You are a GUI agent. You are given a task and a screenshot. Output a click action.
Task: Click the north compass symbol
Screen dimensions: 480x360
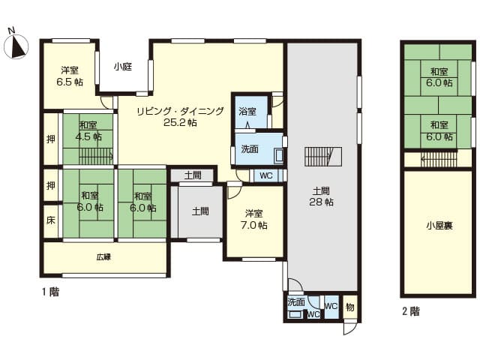click(x=16, y=45)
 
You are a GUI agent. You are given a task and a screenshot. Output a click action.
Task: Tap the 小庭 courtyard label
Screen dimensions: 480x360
click(x=123, y=67)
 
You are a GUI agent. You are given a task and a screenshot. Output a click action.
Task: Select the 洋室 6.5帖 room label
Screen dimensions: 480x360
click(x=70, y=76)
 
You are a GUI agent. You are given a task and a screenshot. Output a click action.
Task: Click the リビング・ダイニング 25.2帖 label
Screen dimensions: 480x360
click(x=180, y=117)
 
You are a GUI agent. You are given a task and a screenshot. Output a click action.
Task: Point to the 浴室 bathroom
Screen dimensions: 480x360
click(x=251, y=112)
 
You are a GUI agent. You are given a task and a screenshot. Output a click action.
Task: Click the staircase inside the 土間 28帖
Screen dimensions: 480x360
click(x=323, y=157)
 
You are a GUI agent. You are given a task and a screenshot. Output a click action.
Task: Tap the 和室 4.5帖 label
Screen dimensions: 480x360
click(x=88, y=130)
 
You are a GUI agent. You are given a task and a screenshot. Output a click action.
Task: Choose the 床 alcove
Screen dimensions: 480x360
click(x=51, y=220)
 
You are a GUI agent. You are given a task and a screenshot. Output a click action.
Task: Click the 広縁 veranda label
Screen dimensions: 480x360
click(x=103, y=256)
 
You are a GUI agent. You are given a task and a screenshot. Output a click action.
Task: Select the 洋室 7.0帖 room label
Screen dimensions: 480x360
click(x=254, y=219)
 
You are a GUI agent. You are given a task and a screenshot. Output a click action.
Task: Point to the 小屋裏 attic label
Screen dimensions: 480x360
click(x=439, y=226)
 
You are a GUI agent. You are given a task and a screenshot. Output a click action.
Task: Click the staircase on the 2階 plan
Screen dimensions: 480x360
click(x=439, y=159)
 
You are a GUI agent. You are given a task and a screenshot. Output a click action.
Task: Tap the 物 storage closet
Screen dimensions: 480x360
click(x=350, y=307)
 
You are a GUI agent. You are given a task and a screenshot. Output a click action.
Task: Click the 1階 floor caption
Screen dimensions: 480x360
click(x=50, y=292)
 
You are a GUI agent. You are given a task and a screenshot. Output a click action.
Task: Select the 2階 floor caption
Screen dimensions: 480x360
click(x=411, y=311)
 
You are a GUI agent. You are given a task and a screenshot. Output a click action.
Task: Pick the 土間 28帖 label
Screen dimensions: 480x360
click(x=321, y=196)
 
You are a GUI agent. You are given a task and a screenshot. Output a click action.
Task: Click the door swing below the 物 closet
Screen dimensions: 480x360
click(x=350, y=328)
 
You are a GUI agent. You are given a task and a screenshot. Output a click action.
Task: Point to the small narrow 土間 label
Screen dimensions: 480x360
click(x=193, y=175)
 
